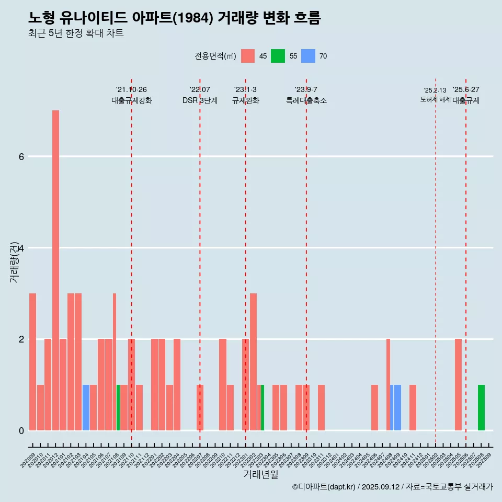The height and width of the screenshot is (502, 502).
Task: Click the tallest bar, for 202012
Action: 55,270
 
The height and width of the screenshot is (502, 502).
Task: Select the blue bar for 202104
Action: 86,408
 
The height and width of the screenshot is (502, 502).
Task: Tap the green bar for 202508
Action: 481,408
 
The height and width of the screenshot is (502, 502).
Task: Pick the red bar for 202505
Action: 458,385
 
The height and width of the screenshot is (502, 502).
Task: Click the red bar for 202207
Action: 200,408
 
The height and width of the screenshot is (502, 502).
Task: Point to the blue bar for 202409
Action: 397,408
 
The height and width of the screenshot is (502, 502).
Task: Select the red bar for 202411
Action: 413,408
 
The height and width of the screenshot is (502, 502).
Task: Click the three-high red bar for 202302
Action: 253,362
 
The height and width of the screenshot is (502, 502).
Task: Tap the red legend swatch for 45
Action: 248,56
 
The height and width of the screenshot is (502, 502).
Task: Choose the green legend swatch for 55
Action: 278,56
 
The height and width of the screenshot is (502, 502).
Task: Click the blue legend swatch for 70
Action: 308,56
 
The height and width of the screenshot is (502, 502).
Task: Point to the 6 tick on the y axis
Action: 21,156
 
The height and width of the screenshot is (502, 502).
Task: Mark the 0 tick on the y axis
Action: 21,430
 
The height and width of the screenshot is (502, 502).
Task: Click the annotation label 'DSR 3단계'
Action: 200,100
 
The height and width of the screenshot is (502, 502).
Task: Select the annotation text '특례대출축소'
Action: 306,100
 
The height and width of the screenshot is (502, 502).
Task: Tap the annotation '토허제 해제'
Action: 435,99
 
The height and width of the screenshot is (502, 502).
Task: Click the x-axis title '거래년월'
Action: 260,474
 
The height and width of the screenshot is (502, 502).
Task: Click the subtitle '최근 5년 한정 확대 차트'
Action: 76,33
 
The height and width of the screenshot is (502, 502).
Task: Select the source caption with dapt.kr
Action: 392,487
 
